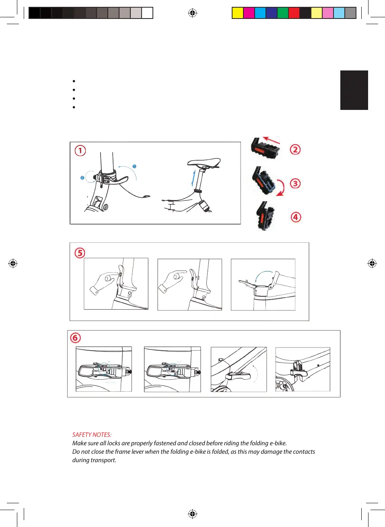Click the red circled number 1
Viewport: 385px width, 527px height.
(x=80, y=151)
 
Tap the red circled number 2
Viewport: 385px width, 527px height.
(x=295, y=150)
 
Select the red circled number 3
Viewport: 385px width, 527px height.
(x=295, y=184)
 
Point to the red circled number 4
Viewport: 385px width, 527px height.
(x=296, y=217)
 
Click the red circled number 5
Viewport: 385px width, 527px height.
(x=80, y=253)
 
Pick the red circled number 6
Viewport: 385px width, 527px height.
(x=75, y=338)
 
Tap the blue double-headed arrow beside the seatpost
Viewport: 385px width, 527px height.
(x=194, y=178)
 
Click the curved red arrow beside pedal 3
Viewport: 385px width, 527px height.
(x=282, y=187)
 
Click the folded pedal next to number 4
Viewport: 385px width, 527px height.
(x=265, y=216)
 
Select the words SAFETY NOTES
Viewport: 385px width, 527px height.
(x=92, y=434)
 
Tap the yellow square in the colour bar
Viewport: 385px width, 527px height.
(x=238, y=13)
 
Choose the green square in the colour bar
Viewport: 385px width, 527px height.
(x=283, y=13)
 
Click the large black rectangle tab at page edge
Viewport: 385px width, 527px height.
(x=354, y=90)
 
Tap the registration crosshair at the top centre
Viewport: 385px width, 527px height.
(x=192, y=13)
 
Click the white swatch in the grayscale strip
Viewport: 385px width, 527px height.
(x=147, y=13)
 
